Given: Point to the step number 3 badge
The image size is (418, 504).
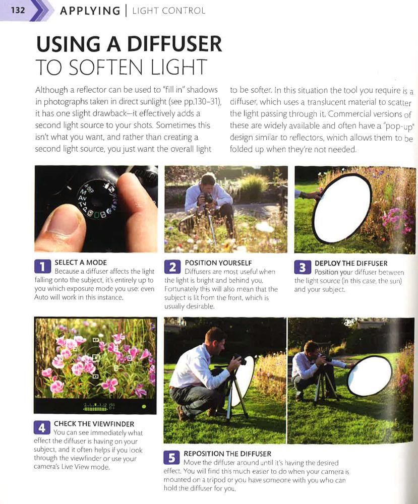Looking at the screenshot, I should pyautogui.click(x=302, y=267).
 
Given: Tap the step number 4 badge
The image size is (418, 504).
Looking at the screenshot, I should pyautogui.click(x=42, y=427).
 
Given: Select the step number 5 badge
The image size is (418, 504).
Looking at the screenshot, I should pyautogui.click(x=172, y=457).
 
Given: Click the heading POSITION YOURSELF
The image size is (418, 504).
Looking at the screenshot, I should pyautogui.click(x=218, y=263).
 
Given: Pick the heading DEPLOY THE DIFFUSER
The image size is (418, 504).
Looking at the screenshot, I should pyautogui.click(x=351, y=263).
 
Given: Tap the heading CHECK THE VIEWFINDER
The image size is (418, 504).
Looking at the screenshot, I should pyautogui.click(x=94, y=424).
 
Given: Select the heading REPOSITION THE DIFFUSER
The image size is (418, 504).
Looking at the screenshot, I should pyautogui.click(x=227, y=454).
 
